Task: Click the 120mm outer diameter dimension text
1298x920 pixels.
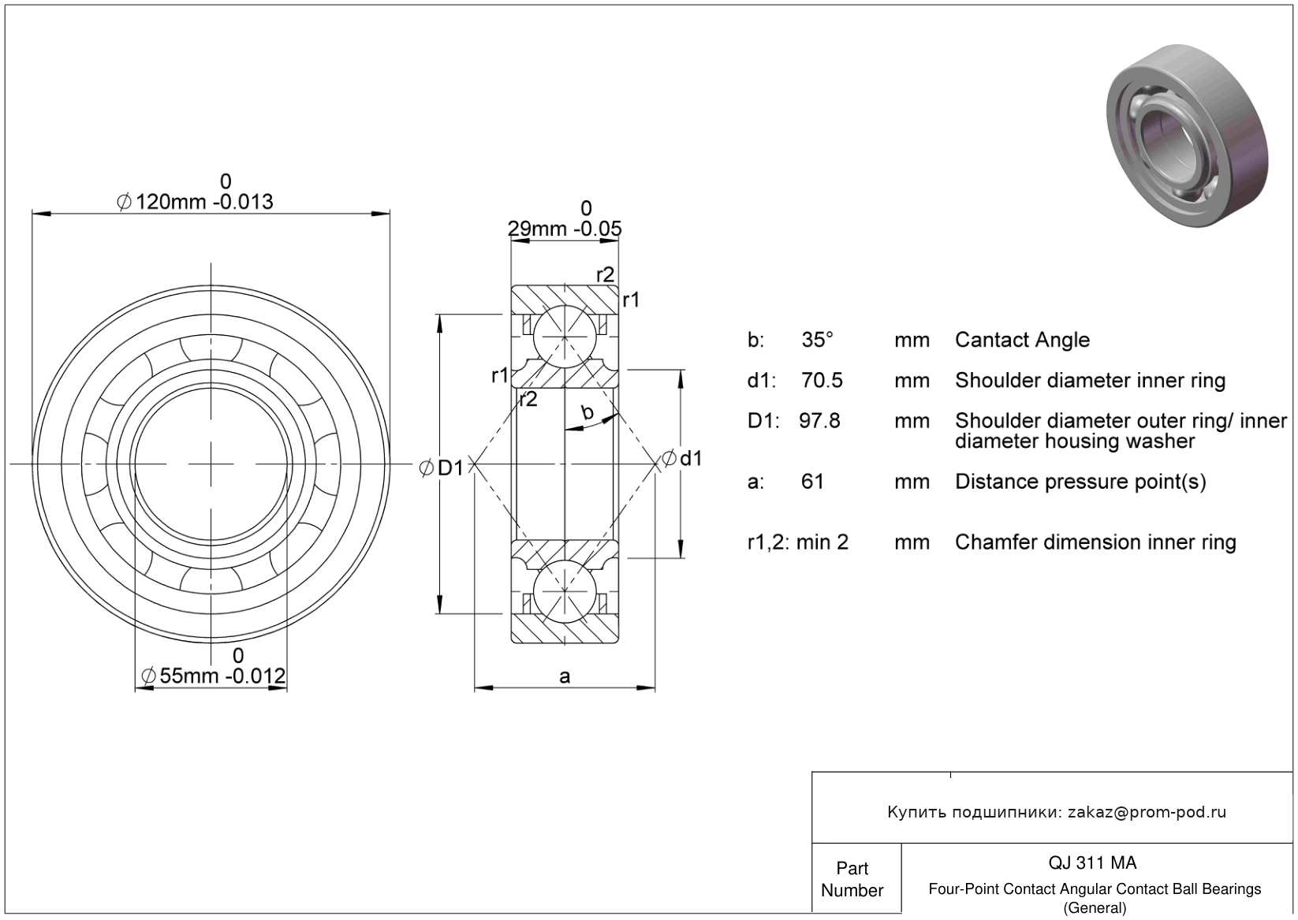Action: tap(195, 202)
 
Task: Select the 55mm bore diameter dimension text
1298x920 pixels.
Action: tap(213, 676)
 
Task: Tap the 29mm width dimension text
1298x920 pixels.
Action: tap(565, 229)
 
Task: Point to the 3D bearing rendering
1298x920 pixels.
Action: tap(1188, 136)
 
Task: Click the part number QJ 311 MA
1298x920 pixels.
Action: tap(1092, 862)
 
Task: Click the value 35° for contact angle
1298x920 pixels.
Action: tap(817, 340)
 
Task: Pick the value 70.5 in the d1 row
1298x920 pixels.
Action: tap(822, 380)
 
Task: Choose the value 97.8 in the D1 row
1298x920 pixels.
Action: tap(819, 421)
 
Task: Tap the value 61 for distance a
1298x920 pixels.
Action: tap(812, 482)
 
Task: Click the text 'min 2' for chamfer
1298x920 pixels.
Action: tap(822, 542)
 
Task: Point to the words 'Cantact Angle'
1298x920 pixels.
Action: tap(1022, 340)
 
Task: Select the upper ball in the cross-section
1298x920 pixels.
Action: tap(565, 337)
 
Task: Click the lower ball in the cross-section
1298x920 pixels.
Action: tap(565, 591)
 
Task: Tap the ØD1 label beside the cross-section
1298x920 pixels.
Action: tap(441, 467)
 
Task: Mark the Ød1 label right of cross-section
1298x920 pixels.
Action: tap(681, 458)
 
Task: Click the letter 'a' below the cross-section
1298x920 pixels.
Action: tap(565, 676)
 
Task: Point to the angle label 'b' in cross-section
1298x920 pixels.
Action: tap(587, 412)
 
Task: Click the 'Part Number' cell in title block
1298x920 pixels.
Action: tap(852, 879)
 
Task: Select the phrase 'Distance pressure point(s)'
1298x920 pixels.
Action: tap(1080, 482)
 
